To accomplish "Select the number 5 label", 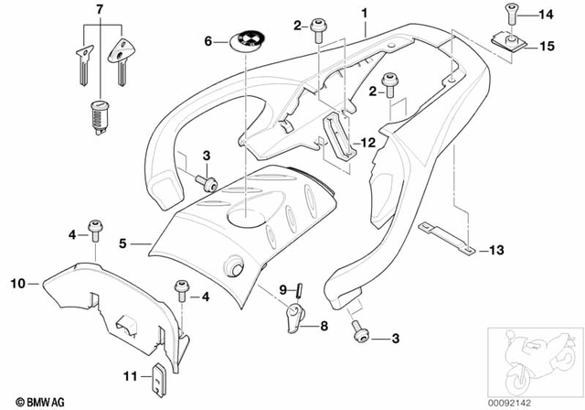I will (x=122, y=244).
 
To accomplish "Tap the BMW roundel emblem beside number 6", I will (x=248, y=40).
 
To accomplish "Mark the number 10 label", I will (x=16, y=283).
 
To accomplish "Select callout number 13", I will (x=496, y=250).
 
